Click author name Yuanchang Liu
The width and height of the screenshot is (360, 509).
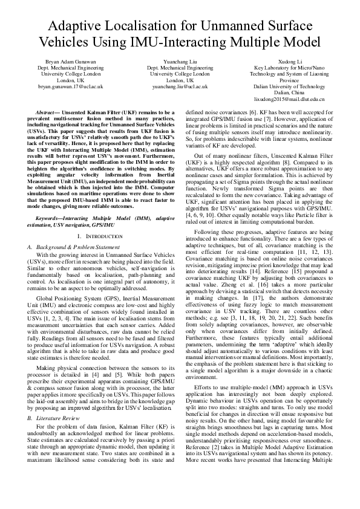tap(180, 62)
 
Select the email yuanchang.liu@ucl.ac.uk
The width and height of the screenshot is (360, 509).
tap(180, 86)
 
